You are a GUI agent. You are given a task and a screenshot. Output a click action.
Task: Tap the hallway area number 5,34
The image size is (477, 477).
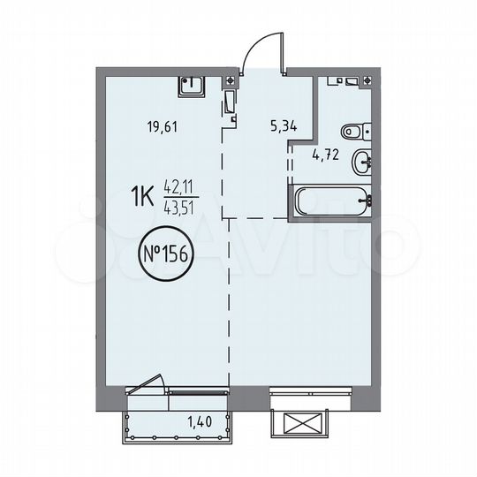[x=283, y=125]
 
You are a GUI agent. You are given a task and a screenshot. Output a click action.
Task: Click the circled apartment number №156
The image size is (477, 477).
[x=165, y=257]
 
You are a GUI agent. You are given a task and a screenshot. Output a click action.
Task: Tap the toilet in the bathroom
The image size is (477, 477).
[x=352, y=132]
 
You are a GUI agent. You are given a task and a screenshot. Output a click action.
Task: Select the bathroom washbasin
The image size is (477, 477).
[x=362, y=162]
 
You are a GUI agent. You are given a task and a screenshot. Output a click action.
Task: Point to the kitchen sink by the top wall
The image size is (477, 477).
[x=192, y=85]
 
